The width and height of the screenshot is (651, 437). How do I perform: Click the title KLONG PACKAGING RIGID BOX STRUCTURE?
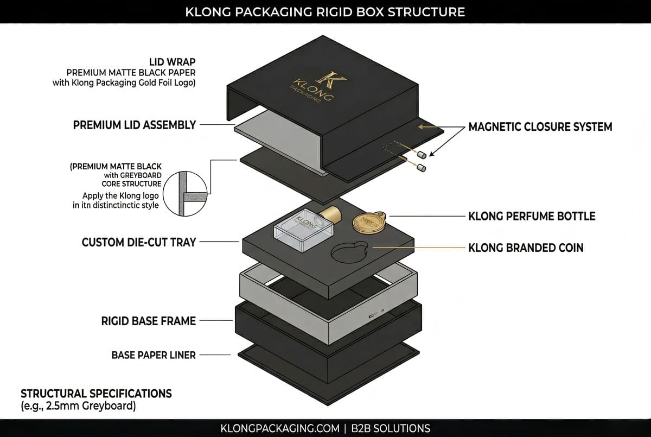[325, 11]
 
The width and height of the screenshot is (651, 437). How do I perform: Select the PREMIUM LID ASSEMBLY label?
[135, 125]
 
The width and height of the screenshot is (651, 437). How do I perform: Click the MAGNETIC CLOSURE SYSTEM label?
[540, 127]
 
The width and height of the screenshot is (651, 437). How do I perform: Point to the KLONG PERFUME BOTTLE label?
[532, 216]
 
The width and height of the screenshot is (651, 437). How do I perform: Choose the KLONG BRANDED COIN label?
[526, 248]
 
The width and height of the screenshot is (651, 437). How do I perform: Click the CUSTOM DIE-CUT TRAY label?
[139, 242]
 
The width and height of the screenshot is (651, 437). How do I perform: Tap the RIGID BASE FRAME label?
[149, 321]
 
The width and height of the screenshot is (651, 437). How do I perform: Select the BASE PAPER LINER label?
[154, 356]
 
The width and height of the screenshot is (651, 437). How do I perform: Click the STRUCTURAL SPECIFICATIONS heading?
[96, 393]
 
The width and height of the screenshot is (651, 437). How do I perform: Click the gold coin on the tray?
[365, 222]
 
